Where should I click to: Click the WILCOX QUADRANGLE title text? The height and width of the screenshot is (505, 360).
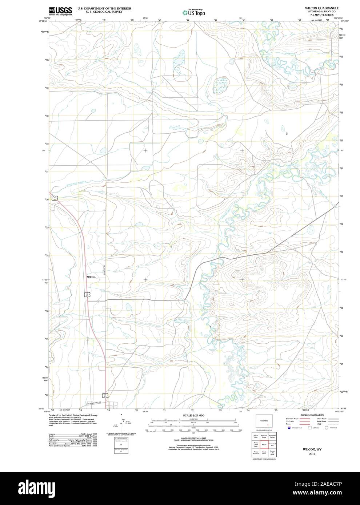[x=321, y=8]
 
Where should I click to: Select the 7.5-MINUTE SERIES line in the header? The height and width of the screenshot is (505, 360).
[x=321, y=15]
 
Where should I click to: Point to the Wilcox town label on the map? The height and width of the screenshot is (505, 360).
[x=91, y=277]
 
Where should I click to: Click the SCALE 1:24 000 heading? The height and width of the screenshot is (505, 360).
[x=193, y=415]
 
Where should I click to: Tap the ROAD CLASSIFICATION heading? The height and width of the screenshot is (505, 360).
[x=312, y=415]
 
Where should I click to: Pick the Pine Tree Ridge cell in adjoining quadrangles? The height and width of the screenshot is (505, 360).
[x=264, y=436]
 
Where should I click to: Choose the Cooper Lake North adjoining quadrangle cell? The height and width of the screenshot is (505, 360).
[x=272, y=453]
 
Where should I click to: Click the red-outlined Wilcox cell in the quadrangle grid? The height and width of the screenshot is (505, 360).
[x=264, y=445]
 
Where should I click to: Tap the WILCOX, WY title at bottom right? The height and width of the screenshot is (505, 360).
[x=312, y=449]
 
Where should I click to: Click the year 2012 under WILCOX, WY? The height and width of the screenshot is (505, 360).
[x=312, y=454]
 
